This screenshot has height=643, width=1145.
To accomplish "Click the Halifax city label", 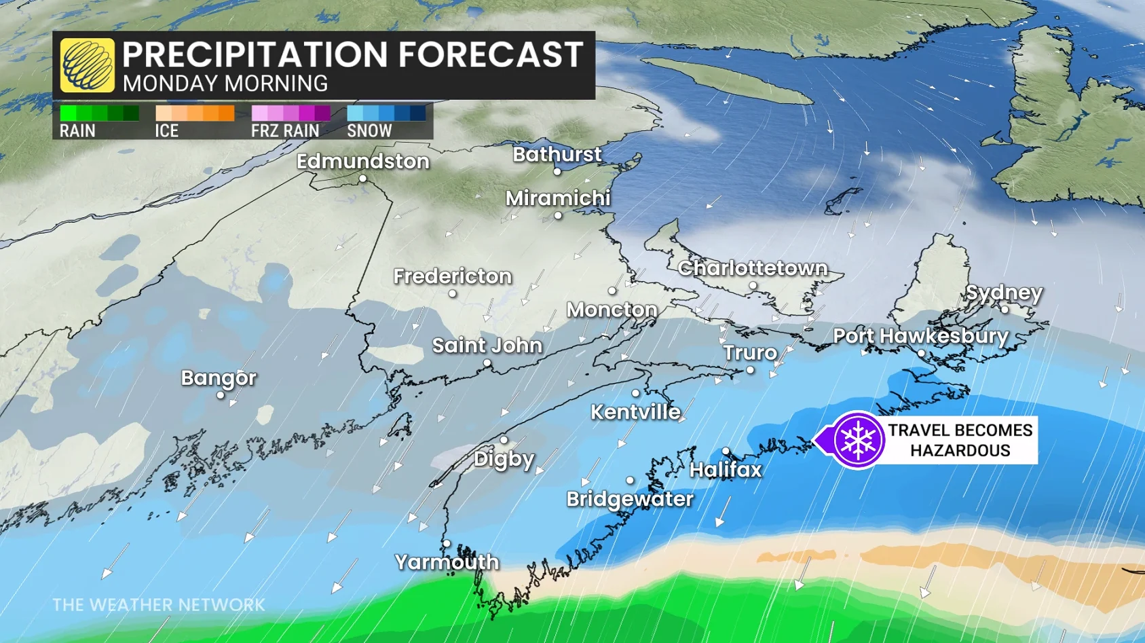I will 726,470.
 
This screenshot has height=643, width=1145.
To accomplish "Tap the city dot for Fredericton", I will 453,294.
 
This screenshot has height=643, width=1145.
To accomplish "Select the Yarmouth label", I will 447,562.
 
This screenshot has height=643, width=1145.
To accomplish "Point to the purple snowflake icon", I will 858,440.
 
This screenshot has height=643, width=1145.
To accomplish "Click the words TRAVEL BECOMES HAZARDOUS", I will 960,440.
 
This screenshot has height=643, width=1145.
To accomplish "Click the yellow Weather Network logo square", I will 87,65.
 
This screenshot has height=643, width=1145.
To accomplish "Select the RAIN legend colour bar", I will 99,113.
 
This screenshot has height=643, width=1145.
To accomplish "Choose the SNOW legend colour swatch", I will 386,113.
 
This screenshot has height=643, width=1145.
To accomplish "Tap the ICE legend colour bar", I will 195,113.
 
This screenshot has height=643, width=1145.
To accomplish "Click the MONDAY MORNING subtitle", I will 225,84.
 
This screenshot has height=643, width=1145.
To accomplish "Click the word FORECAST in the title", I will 490,54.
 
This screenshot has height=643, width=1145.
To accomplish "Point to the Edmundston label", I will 363,162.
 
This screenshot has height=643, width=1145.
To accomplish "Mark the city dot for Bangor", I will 221,395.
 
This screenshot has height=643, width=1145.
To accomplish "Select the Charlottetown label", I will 753,268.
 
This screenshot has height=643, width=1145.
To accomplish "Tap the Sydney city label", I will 1004,293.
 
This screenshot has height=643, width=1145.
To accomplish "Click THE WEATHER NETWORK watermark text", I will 159,605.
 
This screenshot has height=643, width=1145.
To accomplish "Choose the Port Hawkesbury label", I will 920,336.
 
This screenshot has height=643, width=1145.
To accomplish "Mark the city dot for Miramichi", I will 558,216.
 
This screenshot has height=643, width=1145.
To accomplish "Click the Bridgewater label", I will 630,499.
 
